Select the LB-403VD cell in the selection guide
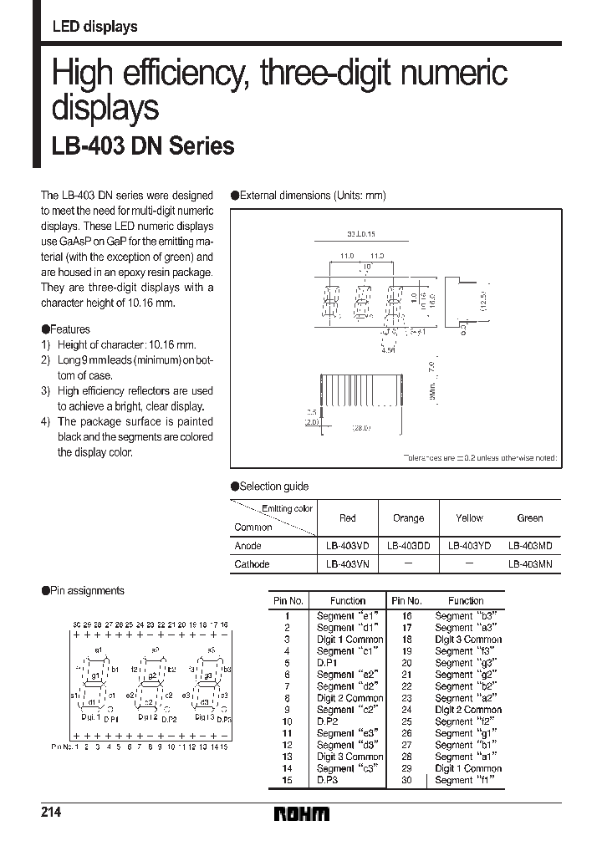click(348, 545)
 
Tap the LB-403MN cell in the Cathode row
click(530, 564)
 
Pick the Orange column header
click(408, 517)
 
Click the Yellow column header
click(469, 517)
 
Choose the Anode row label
click(248, 545)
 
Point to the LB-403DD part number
click(408, 545)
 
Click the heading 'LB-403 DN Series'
click(144, 146)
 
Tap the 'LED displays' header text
click(94, 27)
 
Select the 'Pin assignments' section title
click(87, 590)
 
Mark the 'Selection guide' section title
click(273, 487)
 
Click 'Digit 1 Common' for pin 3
click(349, 640)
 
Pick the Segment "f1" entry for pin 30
click(465, 780)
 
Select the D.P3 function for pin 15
click(327, 780)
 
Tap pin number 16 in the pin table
click(406, 615)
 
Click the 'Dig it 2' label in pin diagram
click(149, 716)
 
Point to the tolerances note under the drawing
click(480, 458)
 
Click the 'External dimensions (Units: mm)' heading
click(313, 195)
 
